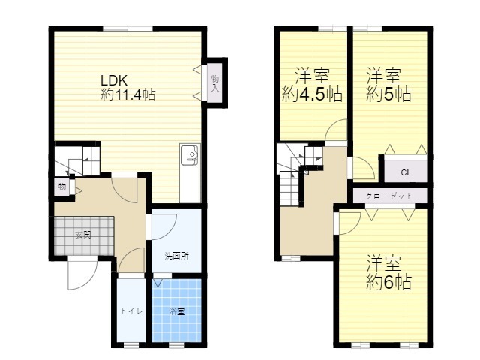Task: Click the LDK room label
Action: coord(114,80)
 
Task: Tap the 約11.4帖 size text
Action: coord(128,94)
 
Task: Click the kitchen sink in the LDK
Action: coord(190,154)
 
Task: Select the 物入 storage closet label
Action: coord(215,83)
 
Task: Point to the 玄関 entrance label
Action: coord(83,235)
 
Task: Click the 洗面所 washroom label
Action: coord(177,256)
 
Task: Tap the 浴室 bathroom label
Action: coord(177,312)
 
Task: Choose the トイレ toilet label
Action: coord(131,311)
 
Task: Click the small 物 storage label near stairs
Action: coord(62,187)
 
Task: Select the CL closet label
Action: coord(406,172)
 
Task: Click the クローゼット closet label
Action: coord(389,196)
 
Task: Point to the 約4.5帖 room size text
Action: coord(312,94)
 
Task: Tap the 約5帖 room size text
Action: coord(388,94)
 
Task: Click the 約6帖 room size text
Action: coord(388,282)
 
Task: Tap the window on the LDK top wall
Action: coord(127,29)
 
